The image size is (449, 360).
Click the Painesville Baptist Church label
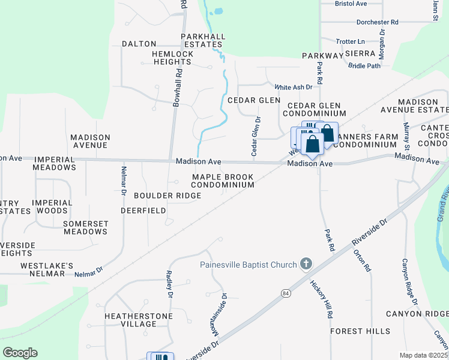click(249, 265)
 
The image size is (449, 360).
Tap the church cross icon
click(306, 264)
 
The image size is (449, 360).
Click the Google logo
click(20, 353)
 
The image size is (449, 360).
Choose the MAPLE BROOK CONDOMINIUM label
click(223, 181)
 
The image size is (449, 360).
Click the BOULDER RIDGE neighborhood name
click(167, 196)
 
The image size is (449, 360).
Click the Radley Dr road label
click(169, 284)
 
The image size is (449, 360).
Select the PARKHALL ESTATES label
click(203, 40)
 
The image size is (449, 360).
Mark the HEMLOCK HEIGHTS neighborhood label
click(173, 58)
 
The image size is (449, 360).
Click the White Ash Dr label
click(294, 86)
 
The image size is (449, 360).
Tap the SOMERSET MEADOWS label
click(85, 227)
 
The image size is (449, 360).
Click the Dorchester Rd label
click(377, 22)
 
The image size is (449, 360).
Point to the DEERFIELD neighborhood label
click(143, 211)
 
